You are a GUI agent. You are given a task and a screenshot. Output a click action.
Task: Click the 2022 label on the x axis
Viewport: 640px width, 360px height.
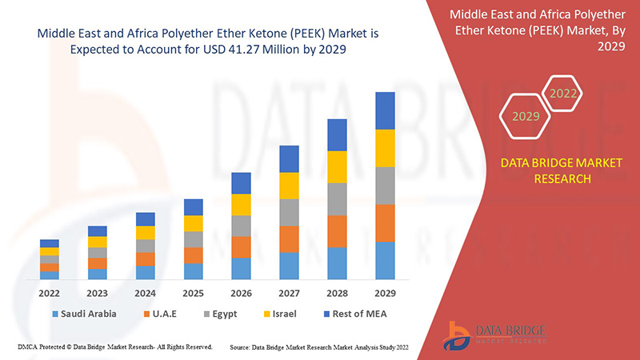[x=50, y=293]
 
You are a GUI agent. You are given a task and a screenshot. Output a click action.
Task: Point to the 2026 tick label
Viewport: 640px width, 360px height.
[x=241, y=293]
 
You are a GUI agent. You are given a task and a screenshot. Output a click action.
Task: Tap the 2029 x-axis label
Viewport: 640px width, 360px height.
[x=385, y=293]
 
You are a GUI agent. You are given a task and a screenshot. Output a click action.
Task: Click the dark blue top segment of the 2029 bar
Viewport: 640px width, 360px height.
[x=385, y=110]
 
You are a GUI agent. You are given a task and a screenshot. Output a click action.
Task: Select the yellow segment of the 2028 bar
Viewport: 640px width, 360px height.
[x=337, y=166]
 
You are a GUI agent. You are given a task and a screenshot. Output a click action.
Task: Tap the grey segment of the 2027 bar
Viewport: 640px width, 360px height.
[x=289, y=212]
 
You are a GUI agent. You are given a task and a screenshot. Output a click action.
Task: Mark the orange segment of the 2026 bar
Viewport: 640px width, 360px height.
[x=241, y=246]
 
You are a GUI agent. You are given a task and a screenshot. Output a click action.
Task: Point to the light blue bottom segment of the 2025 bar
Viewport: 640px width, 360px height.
[x=193, y=271]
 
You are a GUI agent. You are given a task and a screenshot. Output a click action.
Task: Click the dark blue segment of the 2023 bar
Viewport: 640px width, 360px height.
[x=98, y=231]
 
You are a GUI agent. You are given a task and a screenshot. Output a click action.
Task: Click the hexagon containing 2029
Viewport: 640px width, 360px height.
[x=526, y=117]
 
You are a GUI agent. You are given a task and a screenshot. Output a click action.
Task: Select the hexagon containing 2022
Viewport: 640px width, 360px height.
[x=562, y=94]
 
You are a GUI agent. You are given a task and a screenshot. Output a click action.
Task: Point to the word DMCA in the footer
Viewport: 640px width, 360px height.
[x=28, y=347]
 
